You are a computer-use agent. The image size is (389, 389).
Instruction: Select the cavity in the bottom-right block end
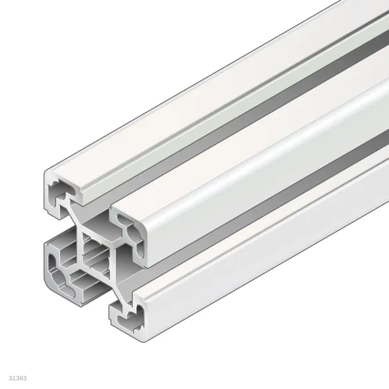pos(133,313)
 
